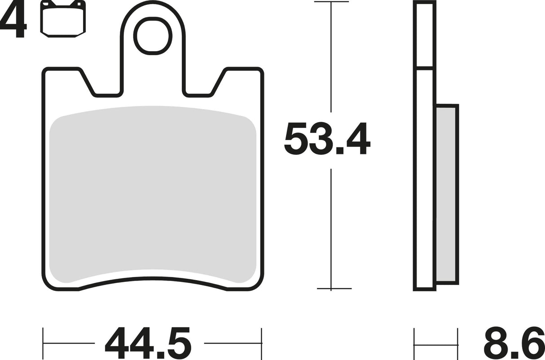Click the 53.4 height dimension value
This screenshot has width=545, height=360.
(327, 140)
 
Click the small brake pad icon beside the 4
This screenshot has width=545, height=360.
(63, 18)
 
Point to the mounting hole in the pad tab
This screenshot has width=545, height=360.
(154, 35)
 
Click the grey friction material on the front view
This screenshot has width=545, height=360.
(153, 193)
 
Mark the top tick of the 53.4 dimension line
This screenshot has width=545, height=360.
(331, 2)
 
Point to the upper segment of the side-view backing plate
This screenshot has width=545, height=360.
(425, 35)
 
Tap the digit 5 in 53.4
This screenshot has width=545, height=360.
(298, 140)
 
